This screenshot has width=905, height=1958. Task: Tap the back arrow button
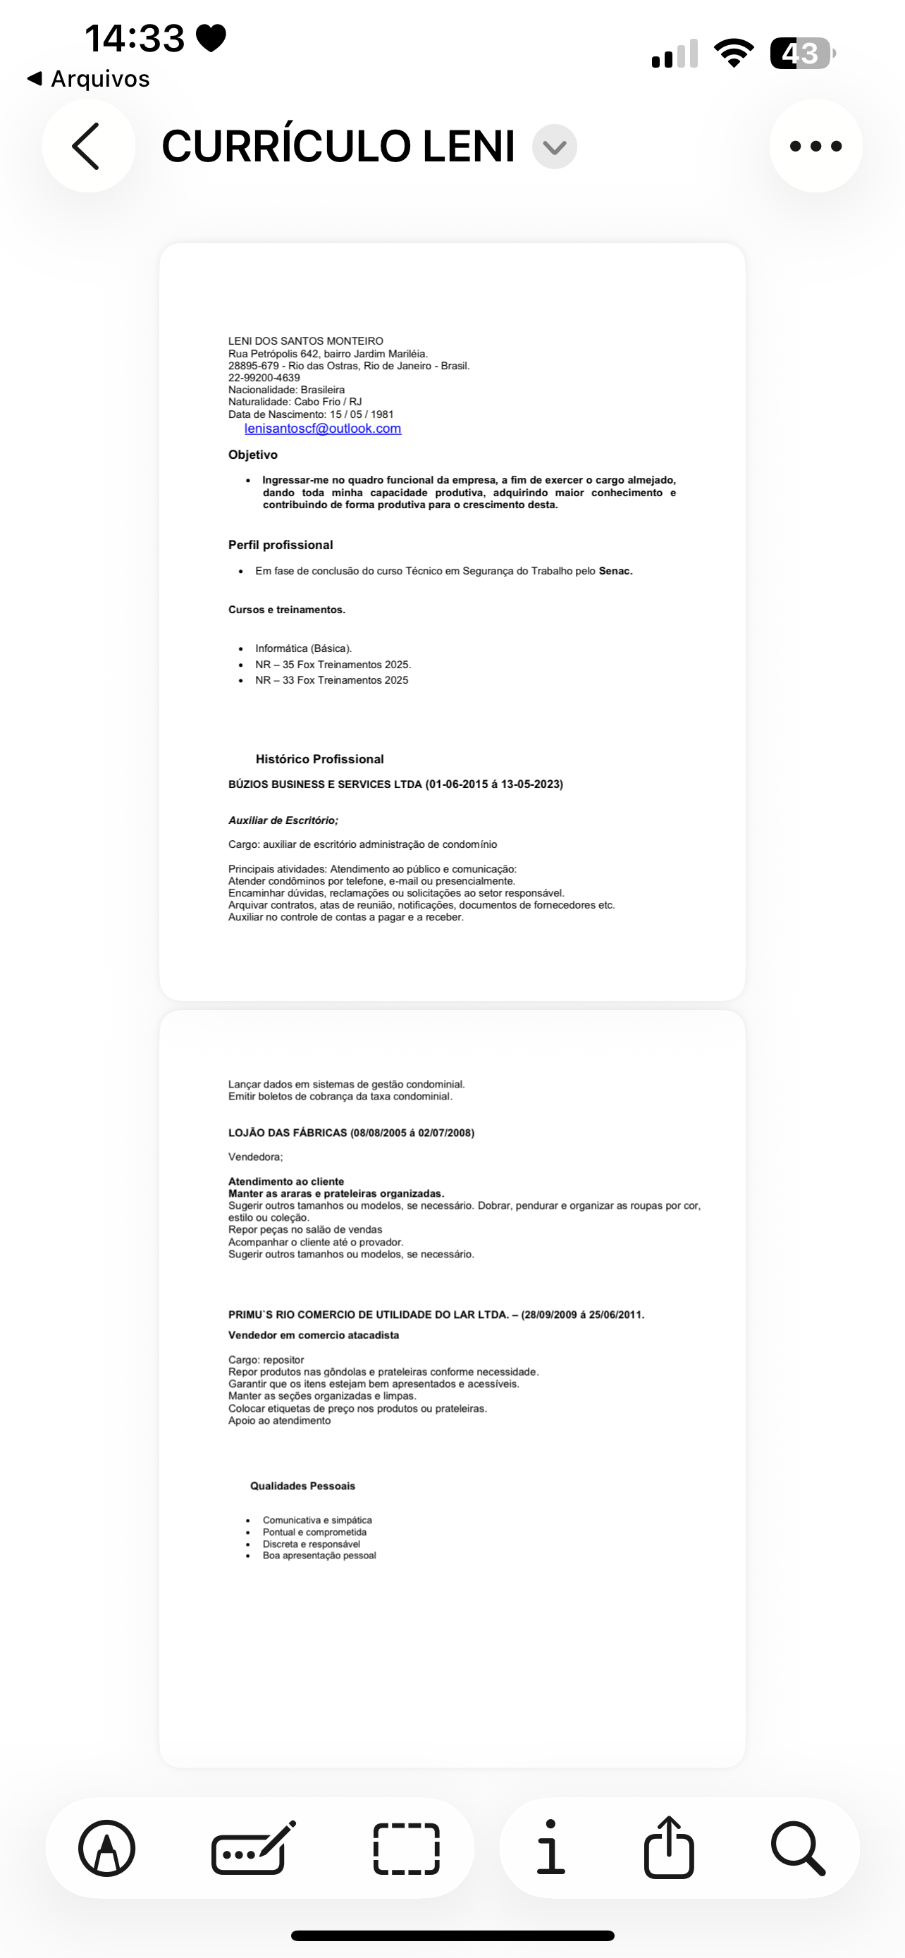click(x=87, y=146)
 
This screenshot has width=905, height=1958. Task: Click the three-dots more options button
click(x=815, y=146)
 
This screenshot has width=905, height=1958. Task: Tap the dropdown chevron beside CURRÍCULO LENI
click(x=555, y=147)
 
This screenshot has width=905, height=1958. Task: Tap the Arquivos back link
click(x=89, y=78)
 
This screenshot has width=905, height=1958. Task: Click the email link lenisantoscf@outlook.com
click(x=322, y=429)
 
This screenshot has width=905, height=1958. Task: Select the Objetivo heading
click(x=253, y=455)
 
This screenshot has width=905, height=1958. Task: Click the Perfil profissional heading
click(x=281, y=545)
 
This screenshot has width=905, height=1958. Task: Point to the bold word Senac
click(x=615, y=571)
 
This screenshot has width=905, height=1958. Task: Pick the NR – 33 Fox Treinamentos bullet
click(x=331, y=680)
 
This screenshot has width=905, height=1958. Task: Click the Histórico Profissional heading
click(x=319, y=759)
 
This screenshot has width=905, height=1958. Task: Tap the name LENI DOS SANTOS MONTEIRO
click(x=305, y=341)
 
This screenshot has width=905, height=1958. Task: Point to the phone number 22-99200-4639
click(x=264, y=378)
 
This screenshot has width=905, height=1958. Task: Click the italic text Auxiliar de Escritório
click(x=283, y=820)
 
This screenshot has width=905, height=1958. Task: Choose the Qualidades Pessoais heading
click(x=302, y=1486)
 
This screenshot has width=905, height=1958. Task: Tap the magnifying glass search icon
click(x=797, y=1848)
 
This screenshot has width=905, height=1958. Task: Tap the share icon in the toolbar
click(x=669, y=1847)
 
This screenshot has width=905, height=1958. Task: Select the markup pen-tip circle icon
click(x=107, y=1848)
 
